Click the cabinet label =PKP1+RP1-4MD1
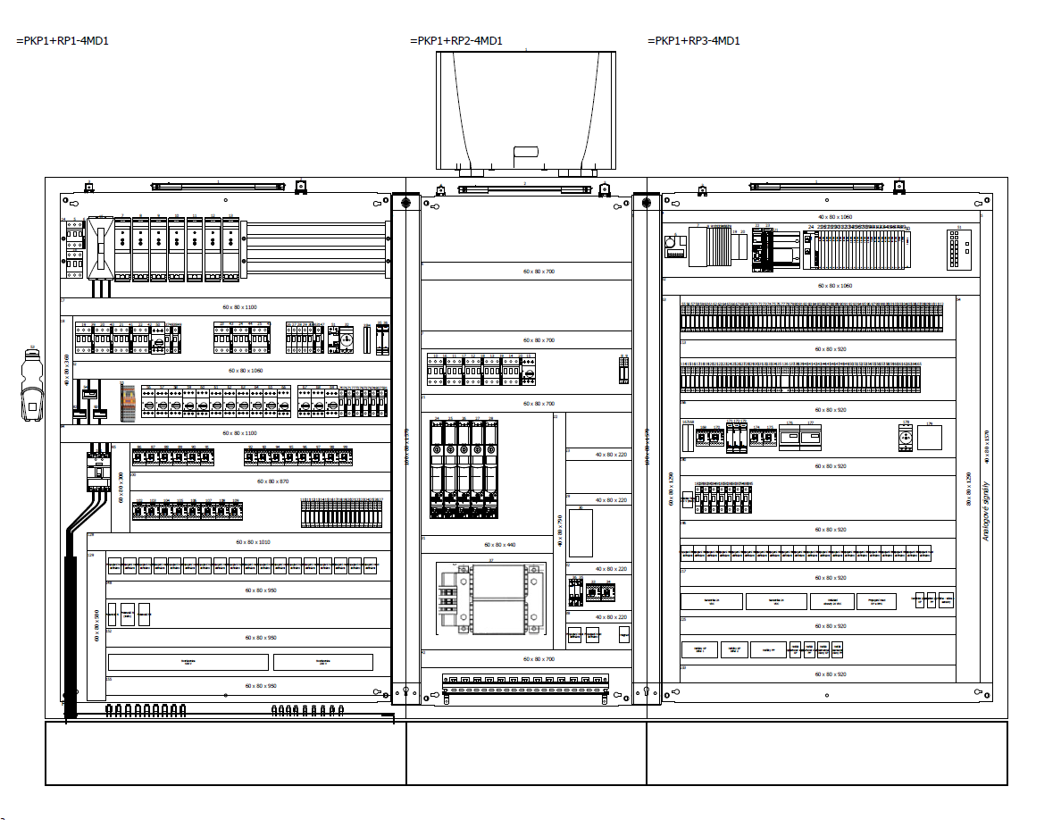[63, 41]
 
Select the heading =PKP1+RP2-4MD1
[455, 41]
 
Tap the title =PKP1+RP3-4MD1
[693, 41]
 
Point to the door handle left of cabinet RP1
[31, 384]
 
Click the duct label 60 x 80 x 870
[272, 481]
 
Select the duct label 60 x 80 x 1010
[253, 541]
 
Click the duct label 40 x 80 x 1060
[835, 217]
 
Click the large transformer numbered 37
[490, 598]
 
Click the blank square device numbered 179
[930, 438]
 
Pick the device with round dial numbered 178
[906, 438]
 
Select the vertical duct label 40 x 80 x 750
[560, 530]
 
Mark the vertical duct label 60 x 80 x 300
[121, 487]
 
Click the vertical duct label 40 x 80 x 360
[66, 369]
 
